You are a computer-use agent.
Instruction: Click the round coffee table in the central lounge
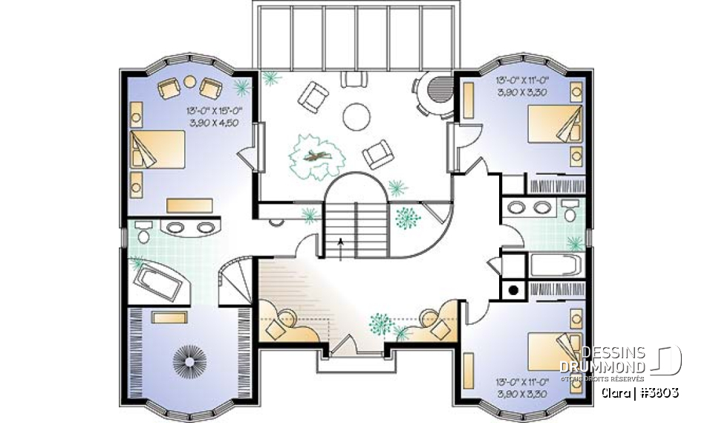pos(356,116)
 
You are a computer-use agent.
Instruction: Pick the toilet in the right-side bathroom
pos(570,210)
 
